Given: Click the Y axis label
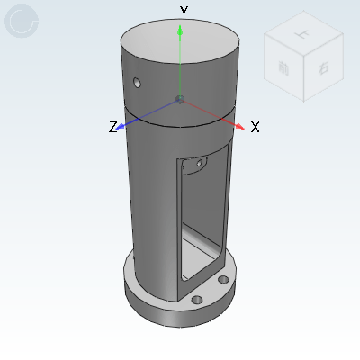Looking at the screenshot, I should tap(183, 12).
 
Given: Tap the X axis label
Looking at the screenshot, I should tap(256, 128).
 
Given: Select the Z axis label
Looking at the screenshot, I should tap(113, 128).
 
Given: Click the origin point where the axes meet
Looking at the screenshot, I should tap(181, 97).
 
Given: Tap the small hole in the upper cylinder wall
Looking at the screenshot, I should tap(138, 84).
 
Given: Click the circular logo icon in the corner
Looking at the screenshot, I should tap(22, 21).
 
